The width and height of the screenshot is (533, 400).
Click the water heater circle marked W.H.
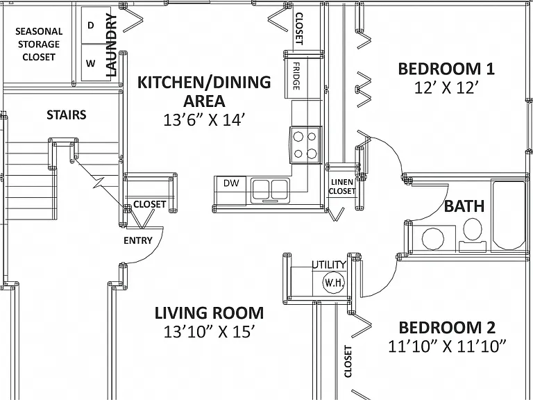pyautogui.click(x=334, y=282)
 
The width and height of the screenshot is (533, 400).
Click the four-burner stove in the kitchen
pyautogui.click(x=305, y=145)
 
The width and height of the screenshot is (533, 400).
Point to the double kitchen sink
pyautogui.click(x=270, y=191)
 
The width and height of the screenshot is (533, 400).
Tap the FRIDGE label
pyautogui.click(x=296, y=76)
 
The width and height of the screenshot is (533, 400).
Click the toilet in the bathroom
pyautogui.click(x=473, y=234)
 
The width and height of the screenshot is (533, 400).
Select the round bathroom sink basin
pyautogui.click(x=433, y=238)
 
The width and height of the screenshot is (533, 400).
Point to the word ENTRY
pyautogui.click(x=138, y=241)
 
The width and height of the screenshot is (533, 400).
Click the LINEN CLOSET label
pyautogui.click(x=342, y=187)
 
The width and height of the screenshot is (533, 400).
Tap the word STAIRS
pyautogui.click(x=67, y=115)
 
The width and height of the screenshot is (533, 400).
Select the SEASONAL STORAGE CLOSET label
pyautogui.click(x=39, y=44)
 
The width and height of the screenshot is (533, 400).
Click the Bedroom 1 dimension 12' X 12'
pyautogui.click(x=446, y=88)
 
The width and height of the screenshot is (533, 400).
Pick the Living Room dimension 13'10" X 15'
pyautogui.click(x=209, y=332)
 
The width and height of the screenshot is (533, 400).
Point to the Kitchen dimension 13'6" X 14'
pyautogui.click(x=204, y=119)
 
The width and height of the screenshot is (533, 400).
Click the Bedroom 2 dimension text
pyautogui.click(x=447, y=347)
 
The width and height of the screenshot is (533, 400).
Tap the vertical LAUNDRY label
pyautogui.click(x=112, y=45)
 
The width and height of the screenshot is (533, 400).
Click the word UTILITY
pyautogui.click(x=329, y=265)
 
